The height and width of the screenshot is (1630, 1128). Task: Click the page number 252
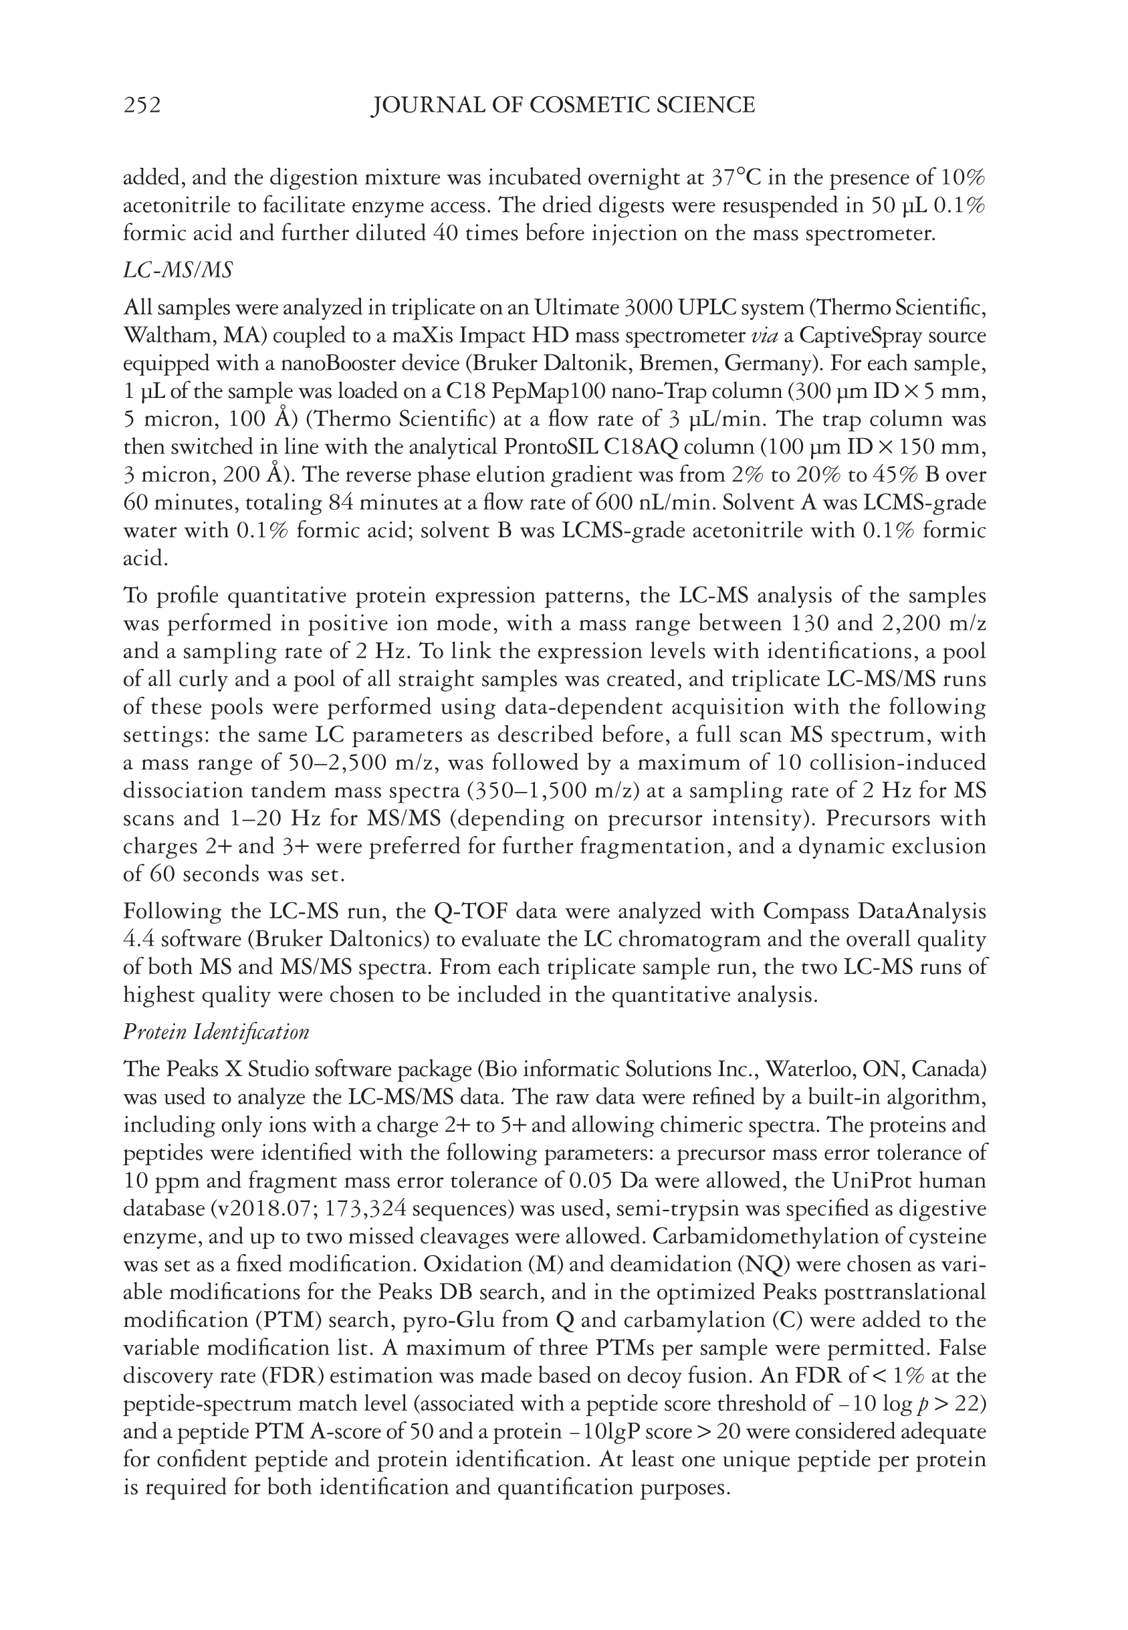142,105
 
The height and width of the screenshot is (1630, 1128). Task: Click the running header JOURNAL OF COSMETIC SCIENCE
563,105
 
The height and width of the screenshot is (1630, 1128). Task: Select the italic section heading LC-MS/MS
177,270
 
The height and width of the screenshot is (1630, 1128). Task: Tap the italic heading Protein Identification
216,1033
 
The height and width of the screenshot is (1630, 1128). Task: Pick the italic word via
763,336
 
